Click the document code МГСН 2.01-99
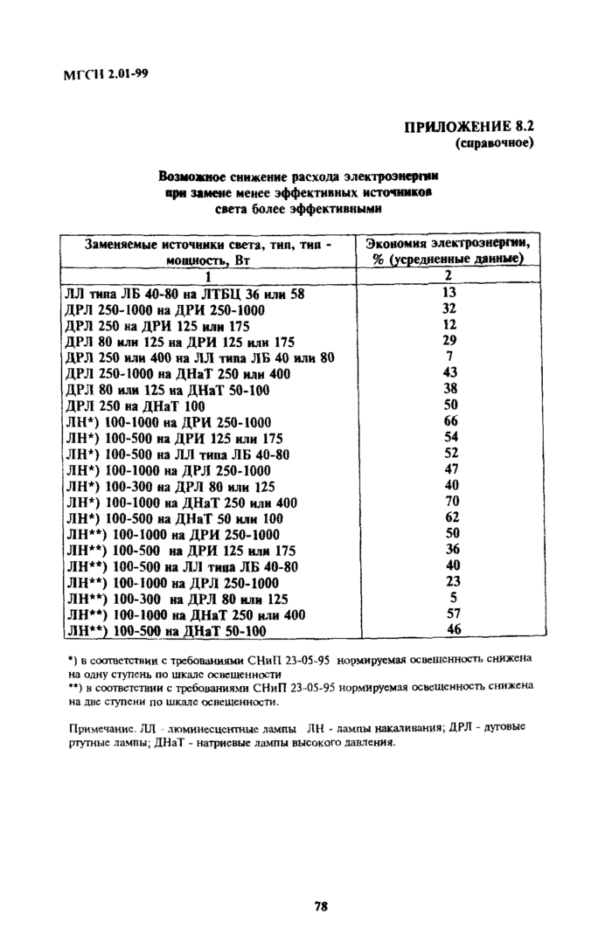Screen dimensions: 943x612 click(x=107, y=73)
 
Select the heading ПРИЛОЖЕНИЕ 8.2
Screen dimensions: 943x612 click(x=468, y=127)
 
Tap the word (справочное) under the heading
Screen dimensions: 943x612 click(x=494, y=142)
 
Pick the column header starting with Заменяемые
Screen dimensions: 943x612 click(x=208, y=253)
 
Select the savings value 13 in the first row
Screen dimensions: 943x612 click(x=450, y=294)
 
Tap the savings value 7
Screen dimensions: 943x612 click(x=450, y=357)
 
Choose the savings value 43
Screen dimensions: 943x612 click(x=451, y=373)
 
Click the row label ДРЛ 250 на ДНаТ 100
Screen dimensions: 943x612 click(x=136, y=406)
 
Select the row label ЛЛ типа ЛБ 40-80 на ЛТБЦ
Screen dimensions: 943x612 click(x=184, y=295)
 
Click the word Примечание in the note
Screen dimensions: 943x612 click(x=96, y=728)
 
